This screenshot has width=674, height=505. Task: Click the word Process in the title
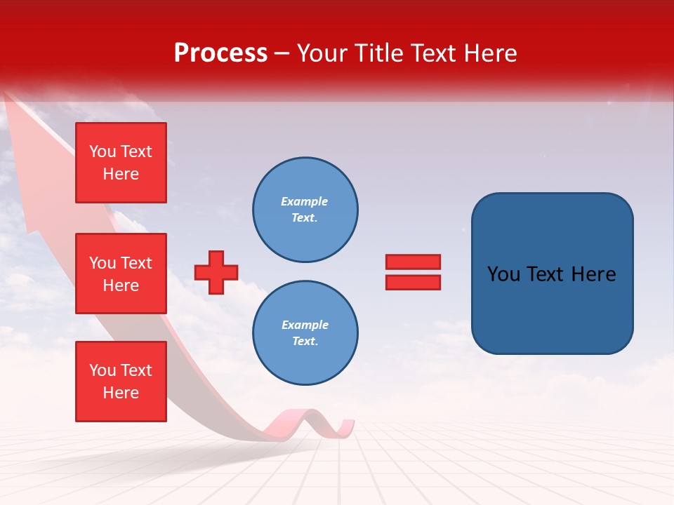(220, 53)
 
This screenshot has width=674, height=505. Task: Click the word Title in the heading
(379, 53)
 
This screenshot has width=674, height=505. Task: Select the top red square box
(121, 163)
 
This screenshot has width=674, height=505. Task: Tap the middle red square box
(121, 274)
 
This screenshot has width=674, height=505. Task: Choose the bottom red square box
(121, 382)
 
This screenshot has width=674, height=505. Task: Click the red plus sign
(216, 272)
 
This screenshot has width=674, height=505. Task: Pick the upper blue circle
(305, 210)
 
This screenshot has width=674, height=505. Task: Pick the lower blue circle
(305, 333)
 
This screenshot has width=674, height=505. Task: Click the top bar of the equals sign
(413, 262)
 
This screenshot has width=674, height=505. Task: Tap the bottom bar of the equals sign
(413, 282)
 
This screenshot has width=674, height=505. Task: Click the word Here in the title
(489, 53)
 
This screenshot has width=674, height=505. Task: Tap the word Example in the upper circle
(304, 201)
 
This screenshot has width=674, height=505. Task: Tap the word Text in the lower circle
(304, 342)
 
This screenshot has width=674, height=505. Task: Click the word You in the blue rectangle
(503, 274)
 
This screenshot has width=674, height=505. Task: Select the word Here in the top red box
(121, 174)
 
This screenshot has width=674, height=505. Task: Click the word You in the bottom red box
(103, 370)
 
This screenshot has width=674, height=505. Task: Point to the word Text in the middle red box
(136, 263)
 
